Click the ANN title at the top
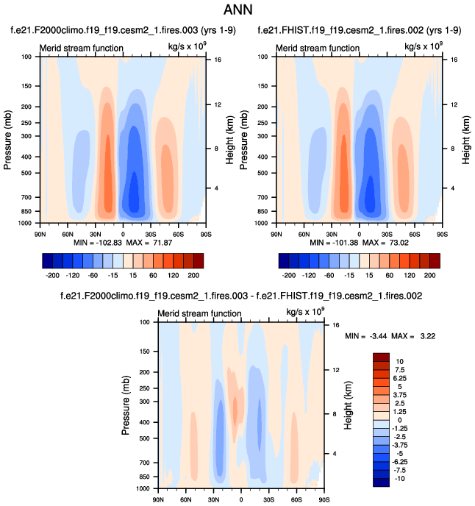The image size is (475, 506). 238,10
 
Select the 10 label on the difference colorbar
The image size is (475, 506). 400,362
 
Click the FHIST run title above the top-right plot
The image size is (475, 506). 360,31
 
